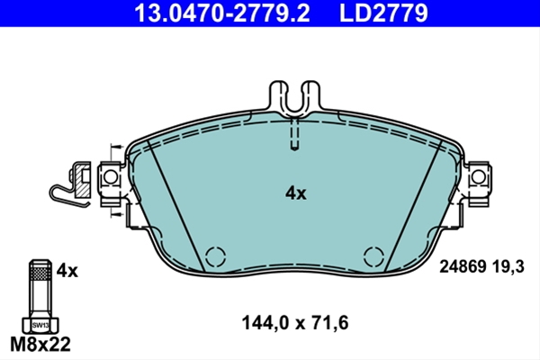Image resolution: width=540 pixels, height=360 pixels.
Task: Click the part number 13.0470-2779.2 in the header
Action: (222, 13)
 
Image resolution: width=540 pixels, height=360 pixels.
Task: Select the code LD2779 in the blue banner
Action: (383, 13)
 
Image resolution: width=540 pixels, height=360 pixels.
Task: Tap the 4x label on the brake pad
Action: (295, 193)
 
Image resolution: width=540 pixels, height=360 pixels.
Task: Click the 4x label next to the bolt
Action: (67, 271)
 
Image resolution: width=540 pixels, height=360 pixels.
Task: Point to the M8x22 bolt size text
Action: (40, 344)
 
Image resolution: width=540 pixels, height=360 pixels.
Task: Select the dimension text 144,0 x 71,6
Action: (295, 323)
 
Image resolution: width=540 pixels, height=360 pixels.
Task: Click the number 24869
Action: (463, 266)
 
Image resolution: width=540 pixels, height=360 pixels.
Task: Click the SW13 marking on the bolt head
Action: (40, 325)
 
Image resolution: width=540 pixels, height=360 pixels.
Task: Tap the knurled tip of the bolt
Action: (40, 274)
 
